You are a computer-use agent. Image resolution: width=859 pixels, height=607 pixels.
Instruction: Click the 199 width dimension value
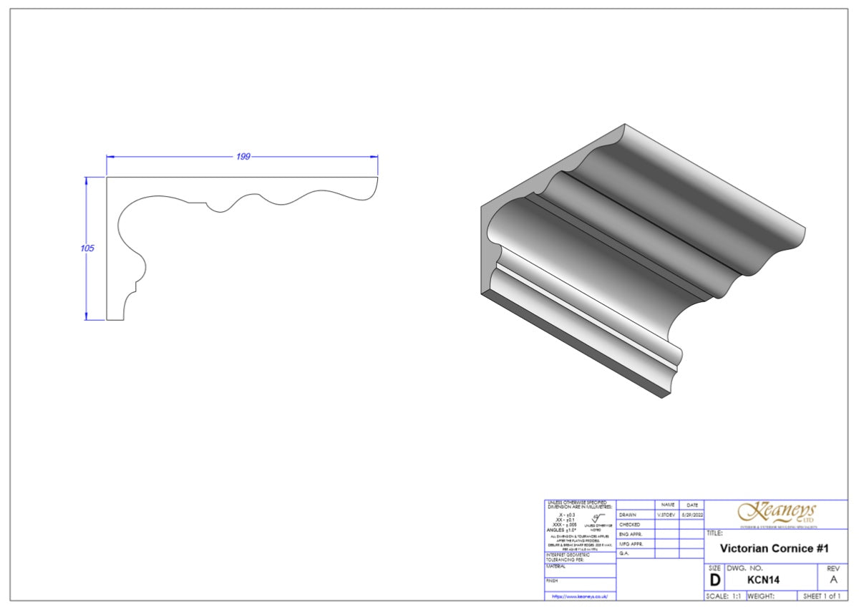243,157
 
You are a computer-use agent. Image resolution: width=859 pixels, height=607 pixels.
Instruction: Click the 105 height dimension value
87,248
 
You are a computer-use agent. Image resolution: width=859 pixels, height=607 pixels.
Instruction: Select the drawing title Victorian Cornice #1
774,548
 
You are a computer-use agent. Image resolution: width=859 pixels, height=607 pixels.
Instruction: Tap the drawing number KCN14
762,581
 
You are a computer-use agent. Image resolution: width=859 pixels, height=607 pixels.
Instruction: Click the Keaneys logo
777,513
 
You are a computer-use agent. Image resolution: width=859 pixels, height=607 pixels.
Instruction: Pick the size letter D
714,581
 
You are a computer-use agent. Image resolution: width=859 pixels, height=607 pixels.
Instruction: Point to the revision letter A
833,581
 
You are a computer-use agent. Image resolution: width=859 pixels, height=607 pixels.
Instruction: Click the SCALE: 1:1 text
723,596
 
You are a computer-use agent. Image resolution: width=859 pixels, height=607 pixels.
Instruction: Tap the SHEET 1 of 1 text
822,596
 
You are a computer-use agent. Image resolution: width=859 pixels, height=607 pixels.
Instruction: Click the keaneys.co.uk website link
580,596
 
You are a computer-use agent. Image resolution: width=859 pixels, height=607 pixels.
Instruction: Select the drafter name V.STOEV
666,515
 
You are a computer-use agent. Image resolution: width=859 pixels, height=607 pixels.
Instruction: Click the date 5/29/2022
691,515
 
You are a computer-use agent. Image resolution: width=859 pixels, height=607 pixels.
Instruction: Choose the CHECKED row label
630,525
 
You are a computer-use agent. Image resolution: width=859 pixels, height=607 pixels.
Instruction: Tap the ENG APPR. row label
630,534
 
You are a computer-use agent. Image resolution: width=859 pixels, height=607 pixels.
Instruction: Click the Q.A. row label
624,553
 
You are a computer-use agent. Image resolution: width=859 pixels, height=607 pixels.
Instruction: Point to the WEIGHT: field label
762,596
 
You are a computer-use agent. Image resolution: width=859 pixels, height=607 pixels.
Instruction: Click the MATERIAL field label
556,566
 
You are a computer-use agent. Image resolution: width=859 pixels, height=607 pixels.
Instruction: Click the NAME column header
667,505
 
